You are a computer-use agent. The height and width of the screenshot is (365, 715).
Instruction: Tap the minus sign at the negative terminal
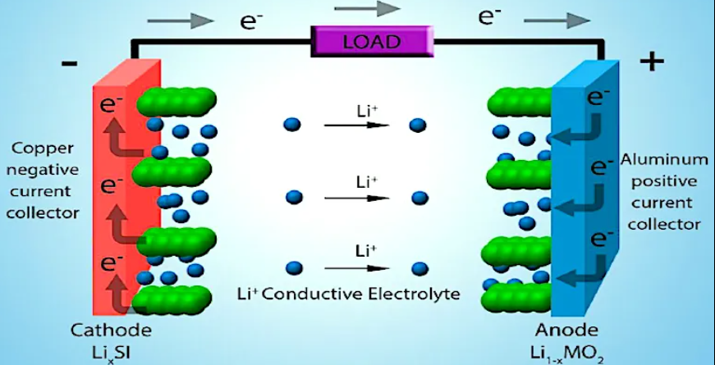(x=69, y=64)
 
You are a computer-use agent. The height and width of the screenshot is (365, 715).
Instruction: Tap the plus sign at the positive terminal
(x=651, y=62)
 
